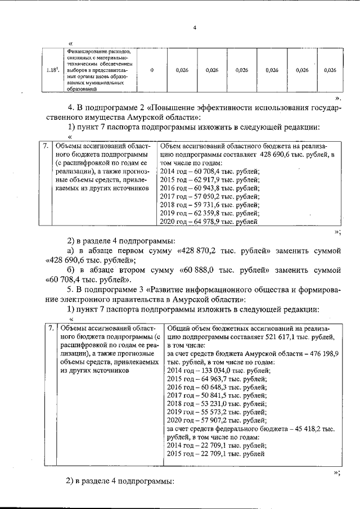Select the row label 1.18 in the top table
53,70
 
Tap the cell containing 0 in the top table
152,70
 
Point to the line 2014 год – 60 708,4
209,172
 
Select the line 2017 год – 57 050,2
209,197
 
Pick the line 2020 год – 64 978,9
209,222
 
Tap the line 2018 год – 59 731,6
209,205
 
